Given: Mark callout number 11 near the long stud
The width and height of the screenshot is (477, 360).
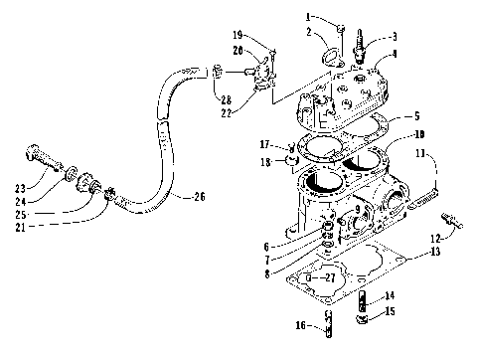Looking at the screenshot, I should click(421, 154).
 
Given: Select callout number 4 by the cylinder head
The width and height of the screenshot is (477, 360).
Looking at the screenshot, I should click(395, 55).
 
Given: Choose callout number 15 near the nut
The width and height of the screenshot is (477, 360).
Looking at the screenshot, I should click(391, 313).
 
